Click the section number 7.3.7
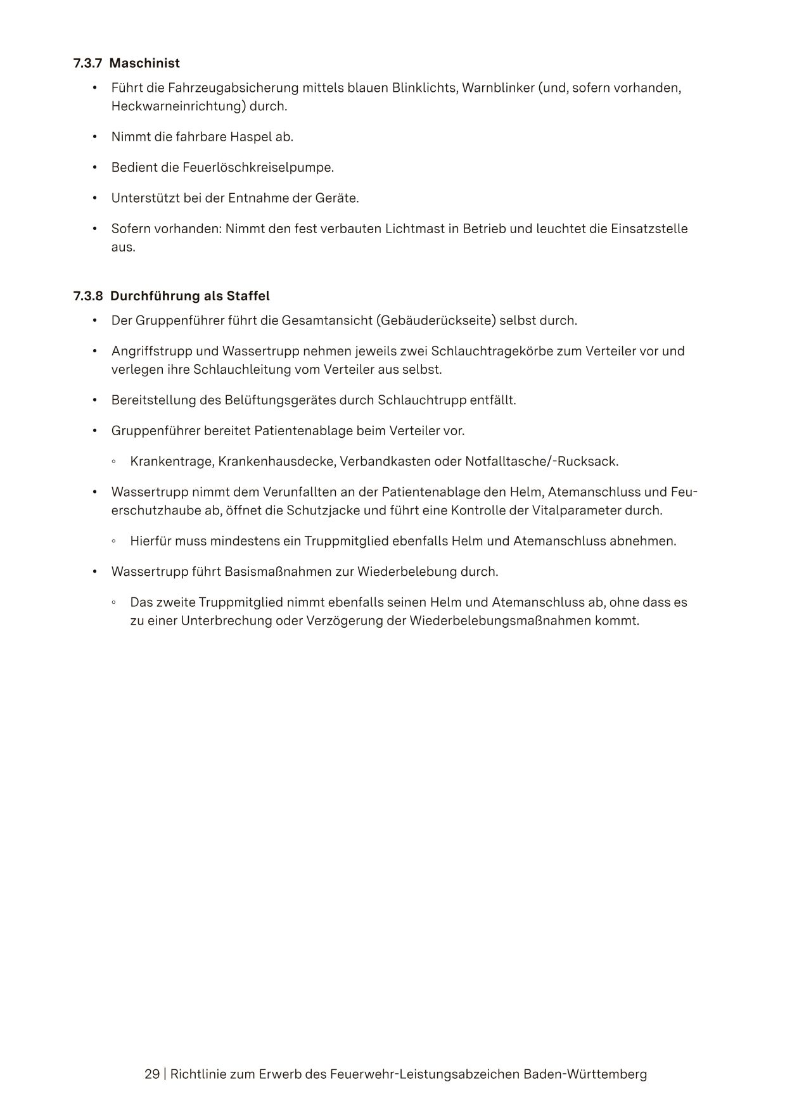[x=87, y=63]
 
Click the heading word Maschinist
[x=144, y=63]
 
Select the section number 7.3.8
[x=87, y=296]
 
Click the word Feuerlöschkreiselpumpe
[x=257, y=167]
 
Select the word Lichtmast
[x=414, y=229]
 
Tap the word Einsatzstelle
[x=649, y=229]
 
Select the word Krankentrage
[x=171, y=461]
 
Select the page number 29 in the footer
[x=152, y=1074]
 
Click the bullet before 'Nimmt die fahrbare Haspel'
[x=94, y=137]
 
